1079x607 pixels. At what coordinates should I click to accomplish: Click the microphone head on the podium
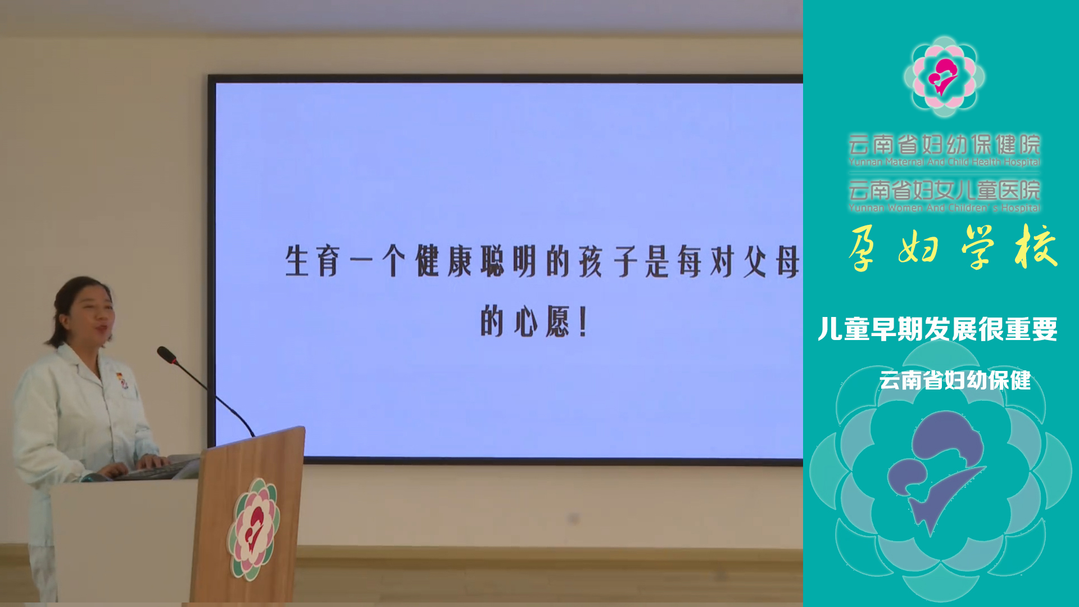167,355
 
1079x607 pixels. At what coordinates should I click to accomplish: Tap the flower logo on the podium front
253,528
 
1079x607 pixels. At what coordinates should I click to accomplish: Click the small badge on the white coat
122,380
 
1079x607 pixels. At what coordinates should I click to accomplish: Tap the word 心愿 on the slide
541,322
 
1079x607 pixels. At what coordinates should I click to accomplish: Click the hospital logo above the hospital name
944,76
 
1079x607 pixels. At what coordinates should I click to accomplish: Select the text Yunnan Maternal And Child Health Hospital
944,162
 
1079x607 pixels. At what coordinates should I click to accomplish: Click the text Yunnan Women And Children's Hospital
944,208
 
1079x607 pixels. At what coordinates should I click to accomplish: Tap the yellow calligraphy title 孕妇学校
953,247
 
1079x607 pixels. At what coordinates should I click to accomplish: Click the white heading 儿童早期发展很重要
937,329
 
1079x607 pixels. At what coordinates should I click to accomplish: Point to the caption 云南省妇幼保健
955,380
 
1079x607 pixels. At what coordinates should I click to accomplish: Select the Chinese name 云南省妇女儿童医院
944,190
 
